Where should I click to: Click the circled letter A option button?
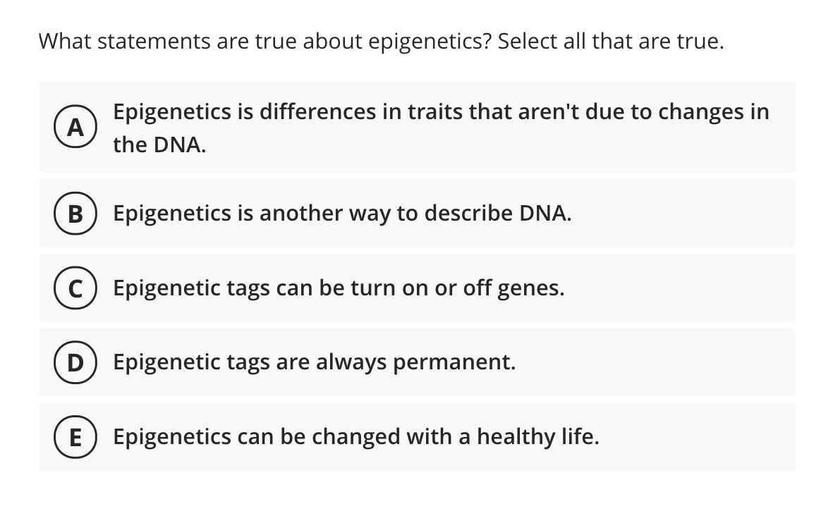click(x=73, y=128)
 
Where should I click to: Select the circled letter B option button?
click(x=73, y=214)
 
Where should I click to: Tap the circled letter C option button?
click(x=73, y=288)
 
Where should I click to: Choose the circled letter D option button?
click(x=73, y=362)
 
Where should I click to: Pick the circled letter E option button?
click(x=73, y=437)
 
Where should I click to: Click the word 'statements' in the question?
click(x=152, y=42)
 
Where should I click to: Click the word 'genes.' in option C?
click(x=531, y=288)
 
